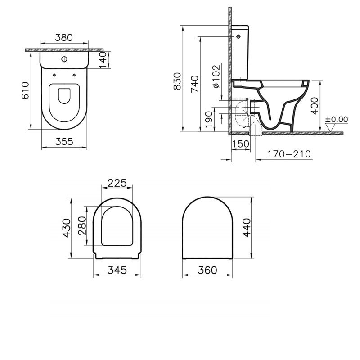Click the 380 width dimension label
(64, 37)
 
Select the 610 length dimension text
(26, 90)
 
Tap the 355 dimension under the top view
(64, 142)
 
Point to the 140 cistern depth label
(103, 60)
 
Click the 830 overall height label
(177, 81)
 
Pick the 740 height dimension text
(195, 84)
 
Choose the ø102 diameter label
(216, 76)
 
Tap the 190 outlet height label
(209, 120)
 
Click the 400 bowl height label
(315, 106)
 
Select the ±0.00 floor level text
(337, 119)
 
